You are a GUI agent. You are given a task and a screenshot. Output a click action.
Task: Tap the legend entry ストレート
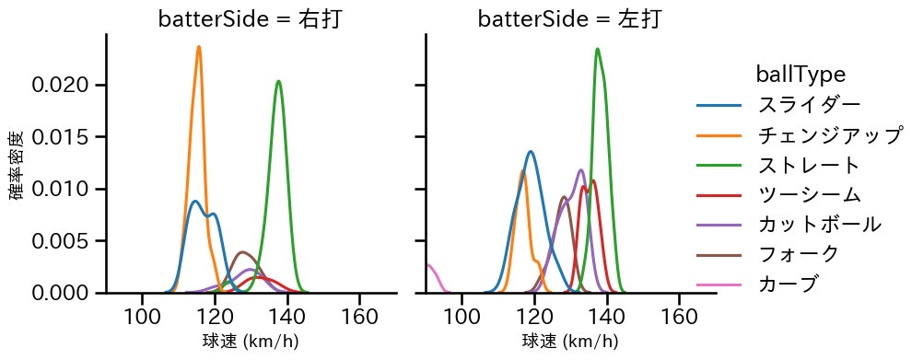point(808,166)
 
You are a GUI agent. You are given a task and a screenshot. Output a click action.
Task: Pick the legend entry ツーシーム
point(808,195)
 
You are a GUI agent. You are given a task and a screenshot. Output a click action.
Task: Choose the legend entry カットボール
point(819,225)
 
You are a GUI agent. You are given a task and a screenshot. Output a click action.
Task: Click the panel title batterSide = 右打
point(251,19)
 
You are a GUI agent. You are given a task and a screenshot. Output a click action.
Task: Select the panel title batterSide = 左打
point(569,19)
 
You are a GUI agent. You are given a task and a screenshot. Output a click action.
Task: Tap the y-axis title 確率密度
point(17,164)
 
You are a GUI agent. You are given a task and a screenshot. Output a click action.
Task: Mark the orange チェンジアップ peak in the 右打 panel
point(199,47)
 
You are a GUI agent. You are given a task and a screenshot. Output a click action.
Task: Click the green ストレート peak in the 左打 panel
point(598,50)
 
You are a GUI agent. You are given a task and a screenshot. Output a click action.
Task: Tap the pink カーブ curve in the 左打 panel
point(431,269)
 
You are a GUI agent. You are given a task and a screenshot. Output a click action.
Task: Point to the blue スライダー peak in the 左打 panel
point(532,152)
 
